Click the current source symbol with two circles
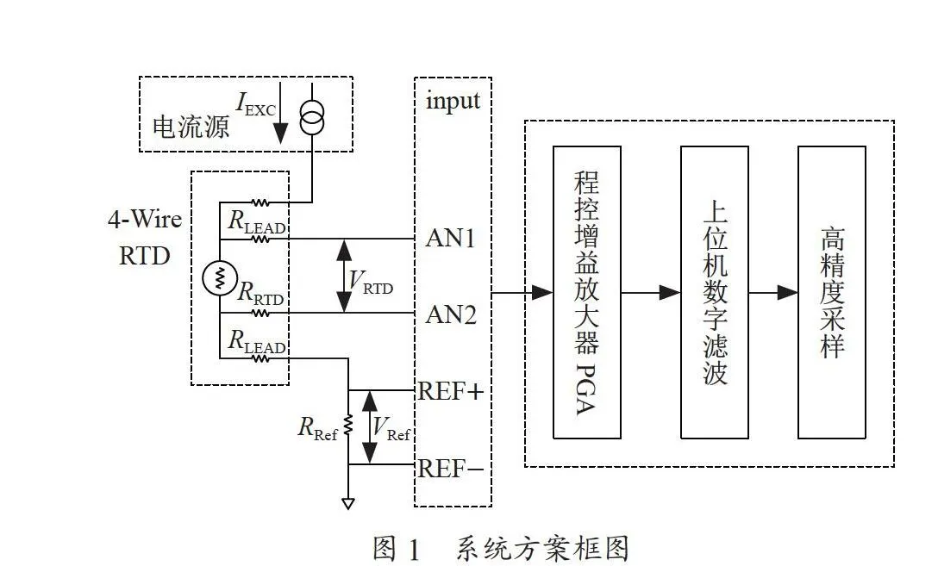[x=312, y=117]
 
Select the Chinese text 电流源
[x=191, y=127]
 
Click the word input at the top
[x=453, y=101]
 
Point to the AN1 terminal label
[x=450, y=238]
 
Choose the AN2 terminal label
[x=451, y=314]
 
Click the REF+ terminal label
[x=450, y=391]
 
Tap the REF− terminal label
[x=450, y=469]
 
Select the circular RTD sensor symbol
[x=220, y=278]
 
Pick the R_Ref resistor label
[x=317, y=428]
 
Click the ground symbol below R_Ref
[x=348, y=503]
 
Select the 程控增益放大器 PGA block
[x=587, y=292]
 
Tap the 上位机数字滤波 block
[x=714, y=292]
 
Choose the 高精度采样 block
[x=831, y=292]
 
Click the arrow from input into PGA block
[x=522, y=293]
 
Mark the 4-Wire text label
[x=145, y=220]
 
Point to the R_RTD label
[x=260, y=293]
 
